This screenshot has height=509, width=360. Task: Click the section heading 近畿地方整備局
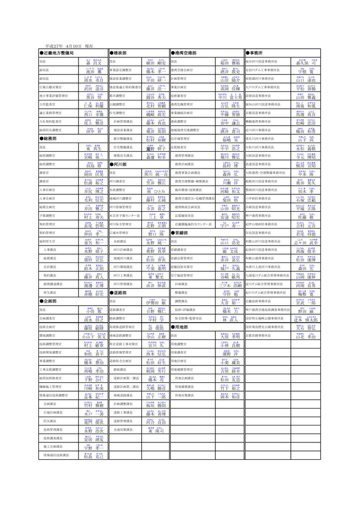[58, 53]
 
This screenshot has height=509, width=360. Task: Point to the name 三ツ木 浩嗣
[230, 285]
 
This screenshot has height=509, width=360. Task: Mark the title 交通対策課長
[119, 417]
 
